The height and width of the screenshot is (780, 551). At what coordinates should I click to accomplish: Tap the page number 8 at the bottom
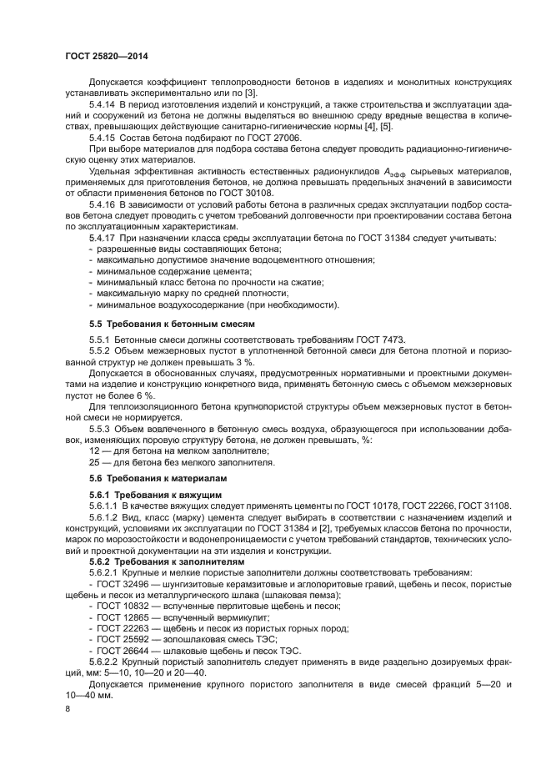[x=68, y=707]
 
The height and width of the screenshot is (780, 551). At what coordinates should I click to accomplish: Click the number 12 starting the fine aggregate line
[x=94, y=450]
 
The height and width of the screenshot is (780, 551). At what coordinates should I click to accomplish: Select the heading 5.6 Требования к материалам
[x=158, y=478]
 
